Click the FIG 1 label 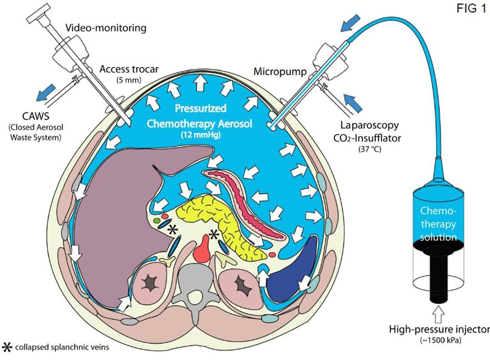tap(471, 8)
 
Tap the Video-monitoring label tap(106, 28)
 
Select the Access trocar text tap(129, 69)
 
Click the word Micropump tap(280, 72)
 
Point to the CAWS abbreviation tap(36, 116)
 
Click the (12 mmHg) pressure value tap(200, 135)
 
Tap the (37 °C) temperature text tap(370, 149)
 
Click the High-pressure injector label tap(439, 329)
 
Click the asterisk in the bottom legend tap(7, 347)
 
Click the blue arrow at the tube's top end tap(350, 23)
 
